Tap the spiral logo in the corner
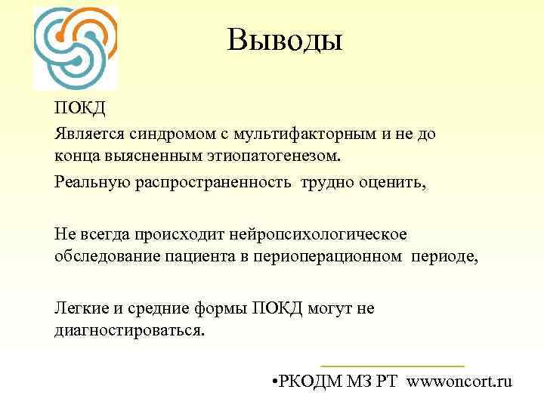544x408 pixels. [x=76, y=48]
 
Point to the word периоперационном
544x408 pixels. [x=337, y=256]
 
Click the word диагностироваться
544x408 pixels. [x=129, y=331]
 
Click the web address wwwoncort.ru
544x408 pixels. [x=459, y=381]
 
